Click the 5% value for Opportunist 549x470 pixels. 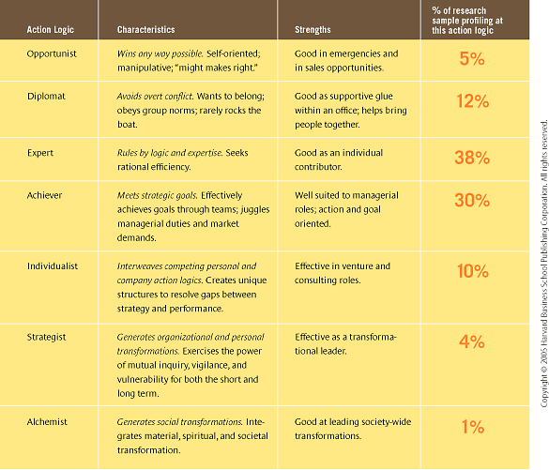coord(472,59)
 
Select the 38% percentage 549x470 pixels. coord(472,158)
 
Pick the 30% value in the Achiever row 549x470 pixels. coord(472,200)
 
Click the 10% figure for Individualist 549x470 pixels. coord(472,271)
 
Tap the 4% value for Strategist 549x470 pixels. coord(472,341)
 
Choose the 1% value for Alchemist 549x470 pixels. coord(472,427)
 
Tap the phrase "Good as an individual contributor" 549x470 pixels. coord(345,159)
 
